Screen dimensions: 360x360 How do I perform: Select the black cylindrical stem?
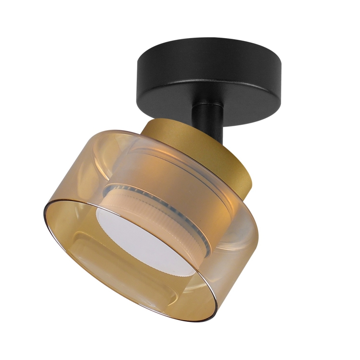[209, 118]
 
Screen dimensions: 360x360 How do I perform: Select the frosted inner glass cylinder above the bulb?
[166, 166]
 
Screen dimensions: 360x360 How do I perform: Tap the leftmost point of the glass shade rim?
[43, 212]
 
